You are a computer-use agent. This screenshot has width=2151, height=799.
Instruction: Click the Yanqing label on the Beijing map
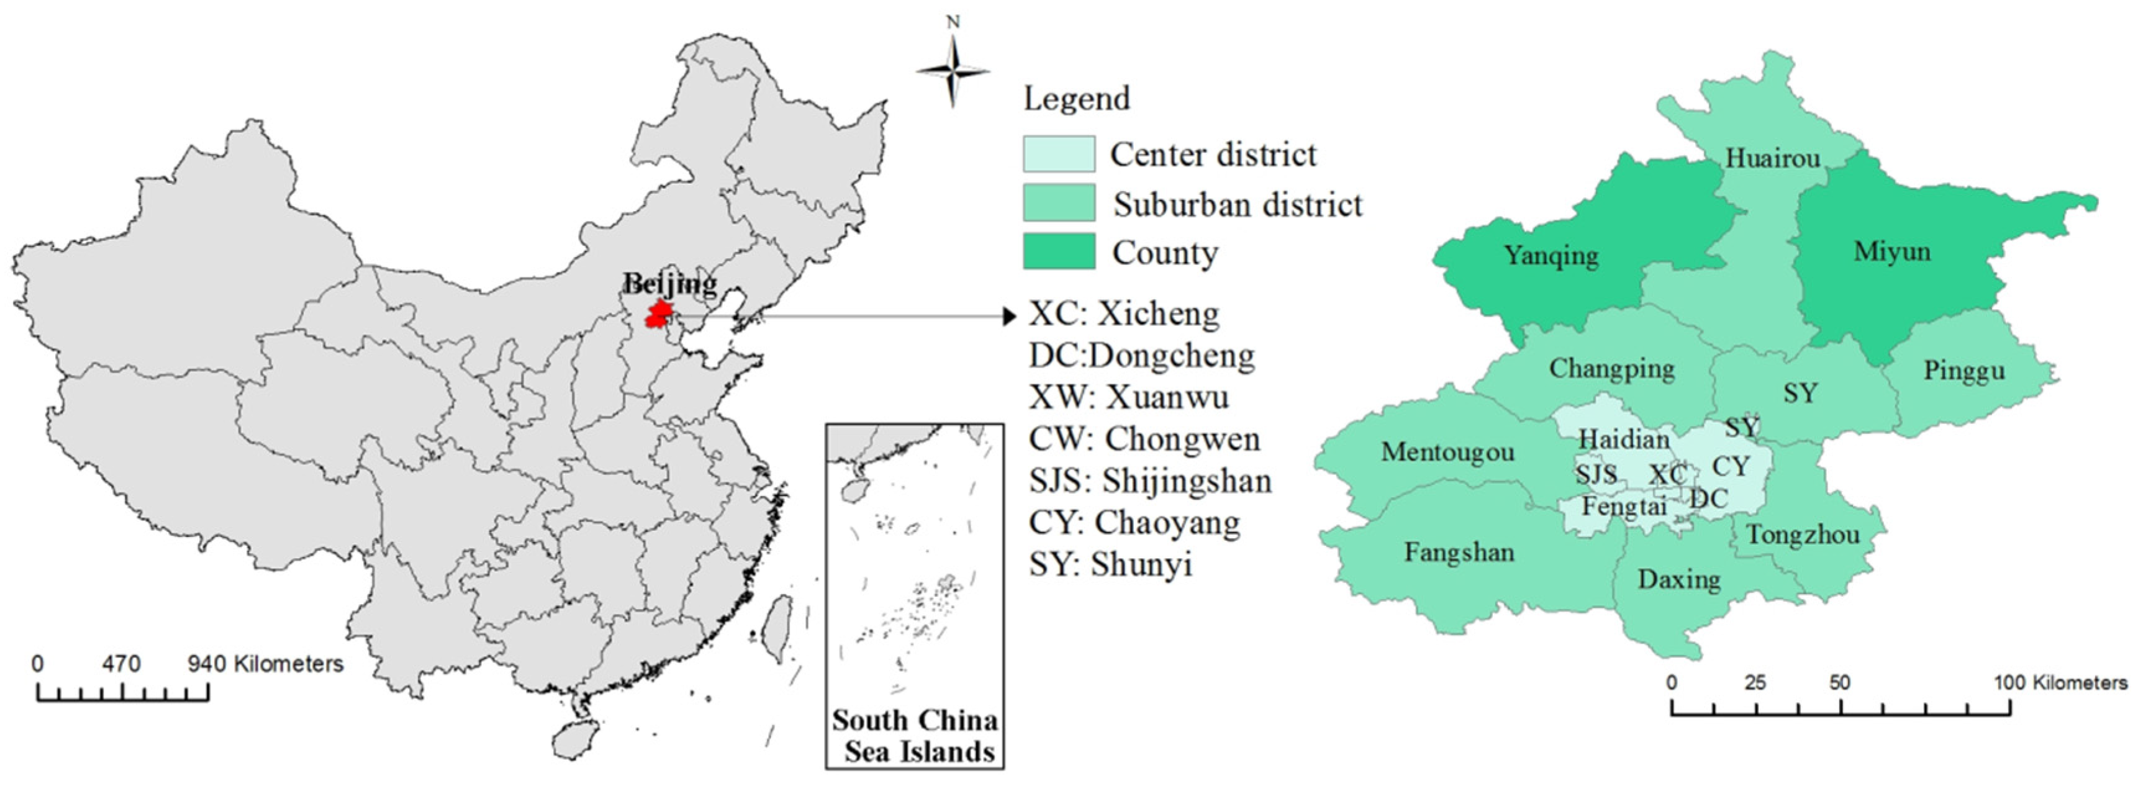[1551, 256]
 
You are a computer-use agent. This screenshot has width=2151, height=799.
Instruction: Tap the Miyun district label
[1892, 251]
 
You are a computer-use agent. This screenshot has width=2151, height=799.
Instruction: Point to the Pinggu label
[1964, 371]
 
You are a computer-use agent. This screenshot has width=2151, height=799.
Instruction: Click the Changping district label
[1611, 368]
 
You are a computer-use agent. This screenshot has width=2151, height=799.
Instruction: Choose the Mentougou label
[1447, 452]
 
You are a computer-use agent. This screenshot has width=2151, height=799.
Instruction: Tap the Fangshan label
[1459, 552]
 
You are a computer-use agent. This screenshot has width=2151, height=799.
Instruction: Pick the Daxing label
[1679, 579]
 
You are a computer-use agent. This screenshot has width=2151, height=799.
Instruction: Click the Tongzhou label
[1803, 535]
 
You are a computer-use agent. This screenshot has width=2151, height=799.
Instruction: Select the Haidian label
[1623, 439]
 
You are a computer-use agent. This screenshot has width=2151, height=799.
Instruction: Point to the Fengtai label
[1624, 506]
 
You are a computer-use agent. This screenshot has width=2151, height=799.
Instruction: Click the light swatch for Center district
[1059, 155]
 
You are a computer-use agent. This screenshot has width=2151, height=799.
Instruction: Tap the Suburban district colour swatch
[1059, 203]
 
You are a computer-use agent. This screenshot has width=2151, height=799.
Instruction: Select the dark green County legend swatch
[1059, 251]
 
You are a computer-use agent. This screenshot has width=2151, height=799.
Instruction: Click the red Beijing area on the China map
[659, 315]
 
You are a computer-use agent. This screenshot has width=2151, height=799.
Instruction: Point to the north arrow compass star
[953, 71]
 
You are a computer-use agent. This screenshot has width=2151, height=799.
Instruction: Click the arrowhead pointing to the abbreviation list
[1010, 317]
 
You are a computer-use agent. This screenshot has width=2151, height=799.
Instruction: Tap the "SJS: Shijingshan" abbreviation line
[1150, 481]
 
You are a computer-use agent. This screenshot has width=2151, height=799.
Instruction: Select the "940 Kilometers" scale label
[265, 664]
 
